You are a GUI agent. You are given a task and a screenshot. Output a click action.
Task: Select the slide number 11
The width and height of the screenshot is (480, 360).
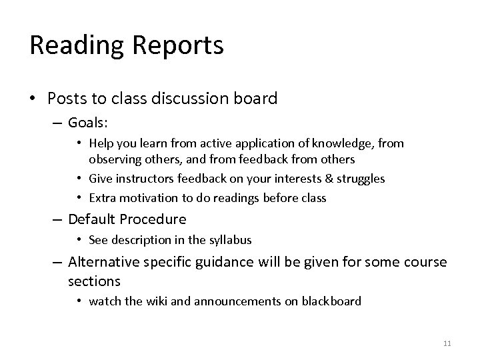pyautogui.click(x=447, y=343)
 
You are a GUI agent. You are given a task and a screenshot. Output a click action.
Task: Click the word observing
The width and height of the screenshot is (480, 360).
pyautogui.click(x=113, y=159)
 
